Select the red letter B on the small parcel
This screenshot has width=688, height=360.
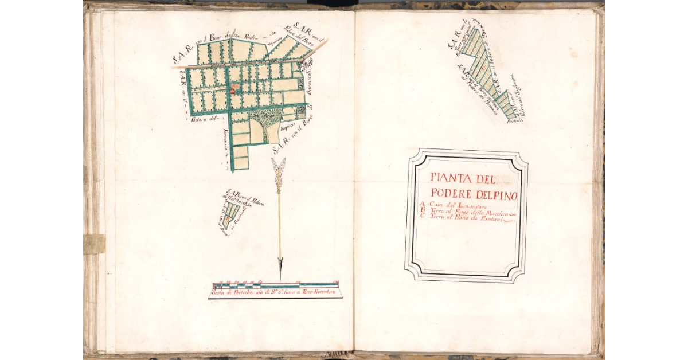tap(229, 218)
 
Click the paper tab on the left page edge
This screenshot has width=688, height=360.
tap(94, 244)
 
